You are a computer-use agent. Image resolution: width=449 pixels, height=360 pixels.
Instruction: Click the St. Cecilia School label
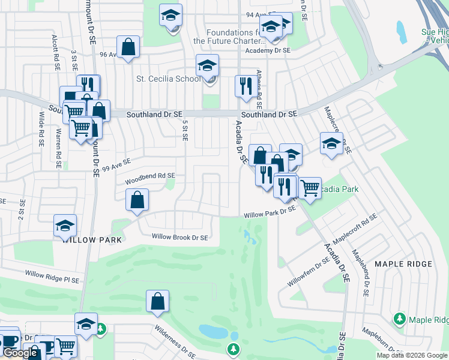168,79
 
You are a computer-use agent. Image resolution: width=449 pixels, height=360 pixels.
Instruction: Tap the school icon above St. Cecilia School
207,65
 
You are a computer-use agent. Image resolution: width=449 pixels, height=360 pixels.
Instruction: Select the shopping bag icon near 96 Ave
128,46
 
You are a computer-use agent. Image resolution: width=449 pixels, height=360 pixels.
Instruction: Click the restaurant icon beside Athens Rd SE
245,86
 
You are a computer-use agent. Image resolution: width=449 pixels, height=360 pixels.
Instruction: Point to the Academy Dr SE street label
267,52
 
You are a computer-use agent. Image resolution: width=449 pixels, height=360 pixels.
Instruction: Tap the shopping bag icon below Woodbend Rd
137,200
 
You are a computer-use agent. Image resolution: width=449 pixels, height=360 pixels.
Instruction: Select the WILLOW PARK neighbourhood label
92,240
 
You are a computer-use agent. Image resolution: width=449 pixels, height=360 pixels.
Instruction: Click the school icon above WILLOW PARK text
65,226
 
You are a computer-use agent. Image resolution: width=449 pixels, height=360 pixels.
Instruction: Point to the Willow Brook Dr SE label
179,238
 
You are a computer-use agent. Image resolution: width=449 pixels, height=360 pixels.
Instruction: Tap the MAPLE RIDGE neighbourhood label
403,264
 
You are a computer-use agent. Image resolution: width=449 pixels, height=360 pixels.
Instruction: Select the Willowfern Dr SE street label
309,271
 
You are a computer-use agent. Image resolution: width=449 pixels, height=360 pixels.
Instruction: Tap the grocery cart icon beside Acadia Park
310,188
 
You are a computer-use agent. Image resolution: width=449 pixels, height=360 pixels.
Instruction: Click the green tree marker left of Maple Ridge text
399,317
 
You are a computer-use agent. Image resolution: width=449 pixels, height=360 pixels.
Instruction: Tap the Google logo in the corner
20,353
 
